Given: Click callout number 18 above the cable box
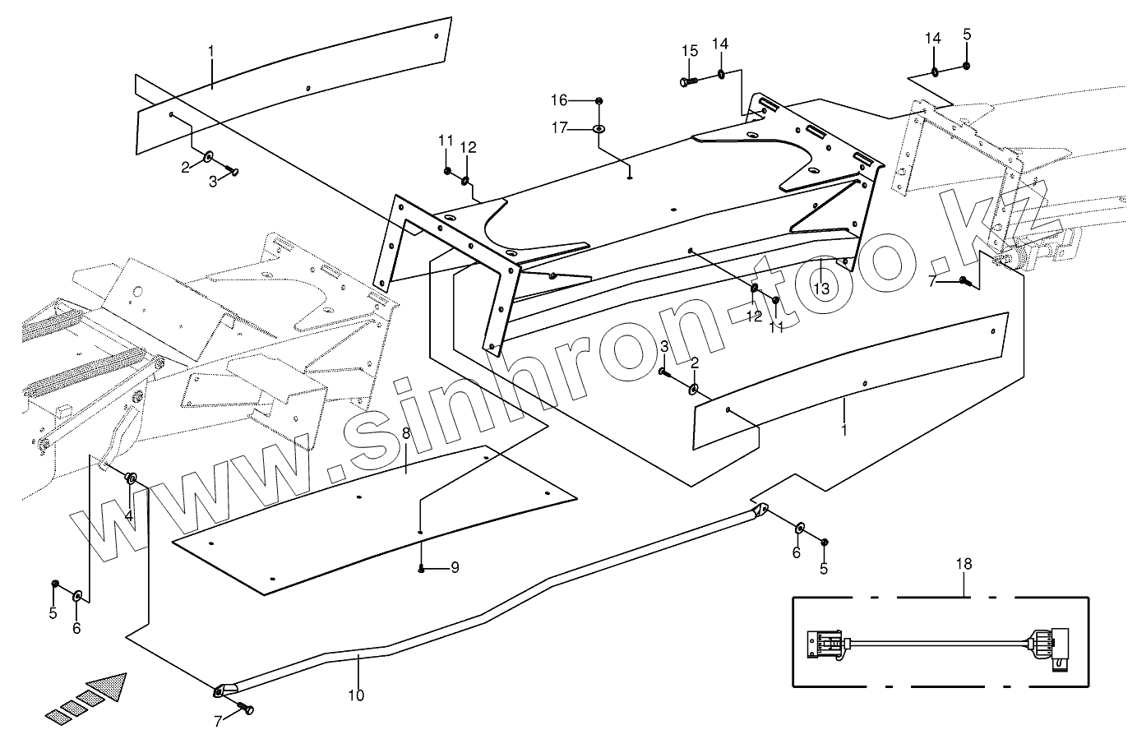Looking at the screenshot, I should click(x=964, y=564).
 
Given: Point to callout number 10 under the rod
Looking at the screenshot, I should click(x=355, y=695).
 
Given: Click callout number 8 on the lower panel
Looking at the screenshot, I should click(x=406, y=434).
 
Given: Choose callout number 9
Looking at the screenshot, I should click(x=455, y=567).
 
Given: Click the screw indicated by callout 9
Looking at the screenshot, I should click(x=421, y=569).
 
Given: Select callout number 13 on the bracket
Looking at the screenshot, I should click(x=820, y=289).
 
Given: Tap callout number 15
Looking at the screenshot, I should click(x=689, y=51).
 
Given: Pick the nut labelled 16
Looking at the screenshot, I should click(x=599, y=100).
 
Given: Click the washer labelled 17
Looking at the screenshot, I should click(x=599, y=129).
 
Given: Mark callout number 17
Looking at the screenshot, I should click(x=559, y=127).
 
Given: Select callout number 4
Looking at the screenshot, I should click(x=129, y=515).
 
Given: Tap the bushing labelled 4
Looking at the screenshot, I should click(x=131, y=478).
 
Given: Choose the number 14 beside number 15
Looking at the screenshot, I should click(x=720, y=43).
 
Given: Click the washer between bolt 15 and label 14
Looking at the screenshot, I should click(x=721, y=74).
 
